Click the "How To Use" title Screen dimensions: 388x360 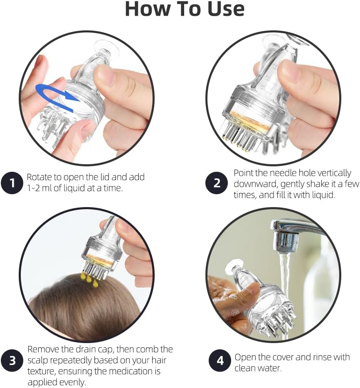click(x=185, y=10)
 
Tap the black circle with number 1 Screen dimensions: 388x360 click(x=12, y=183)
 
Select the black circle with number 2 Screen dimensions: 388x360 click(x=217, y=183)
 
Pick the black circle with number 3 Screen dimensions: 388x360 click(x=12, y=360)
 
